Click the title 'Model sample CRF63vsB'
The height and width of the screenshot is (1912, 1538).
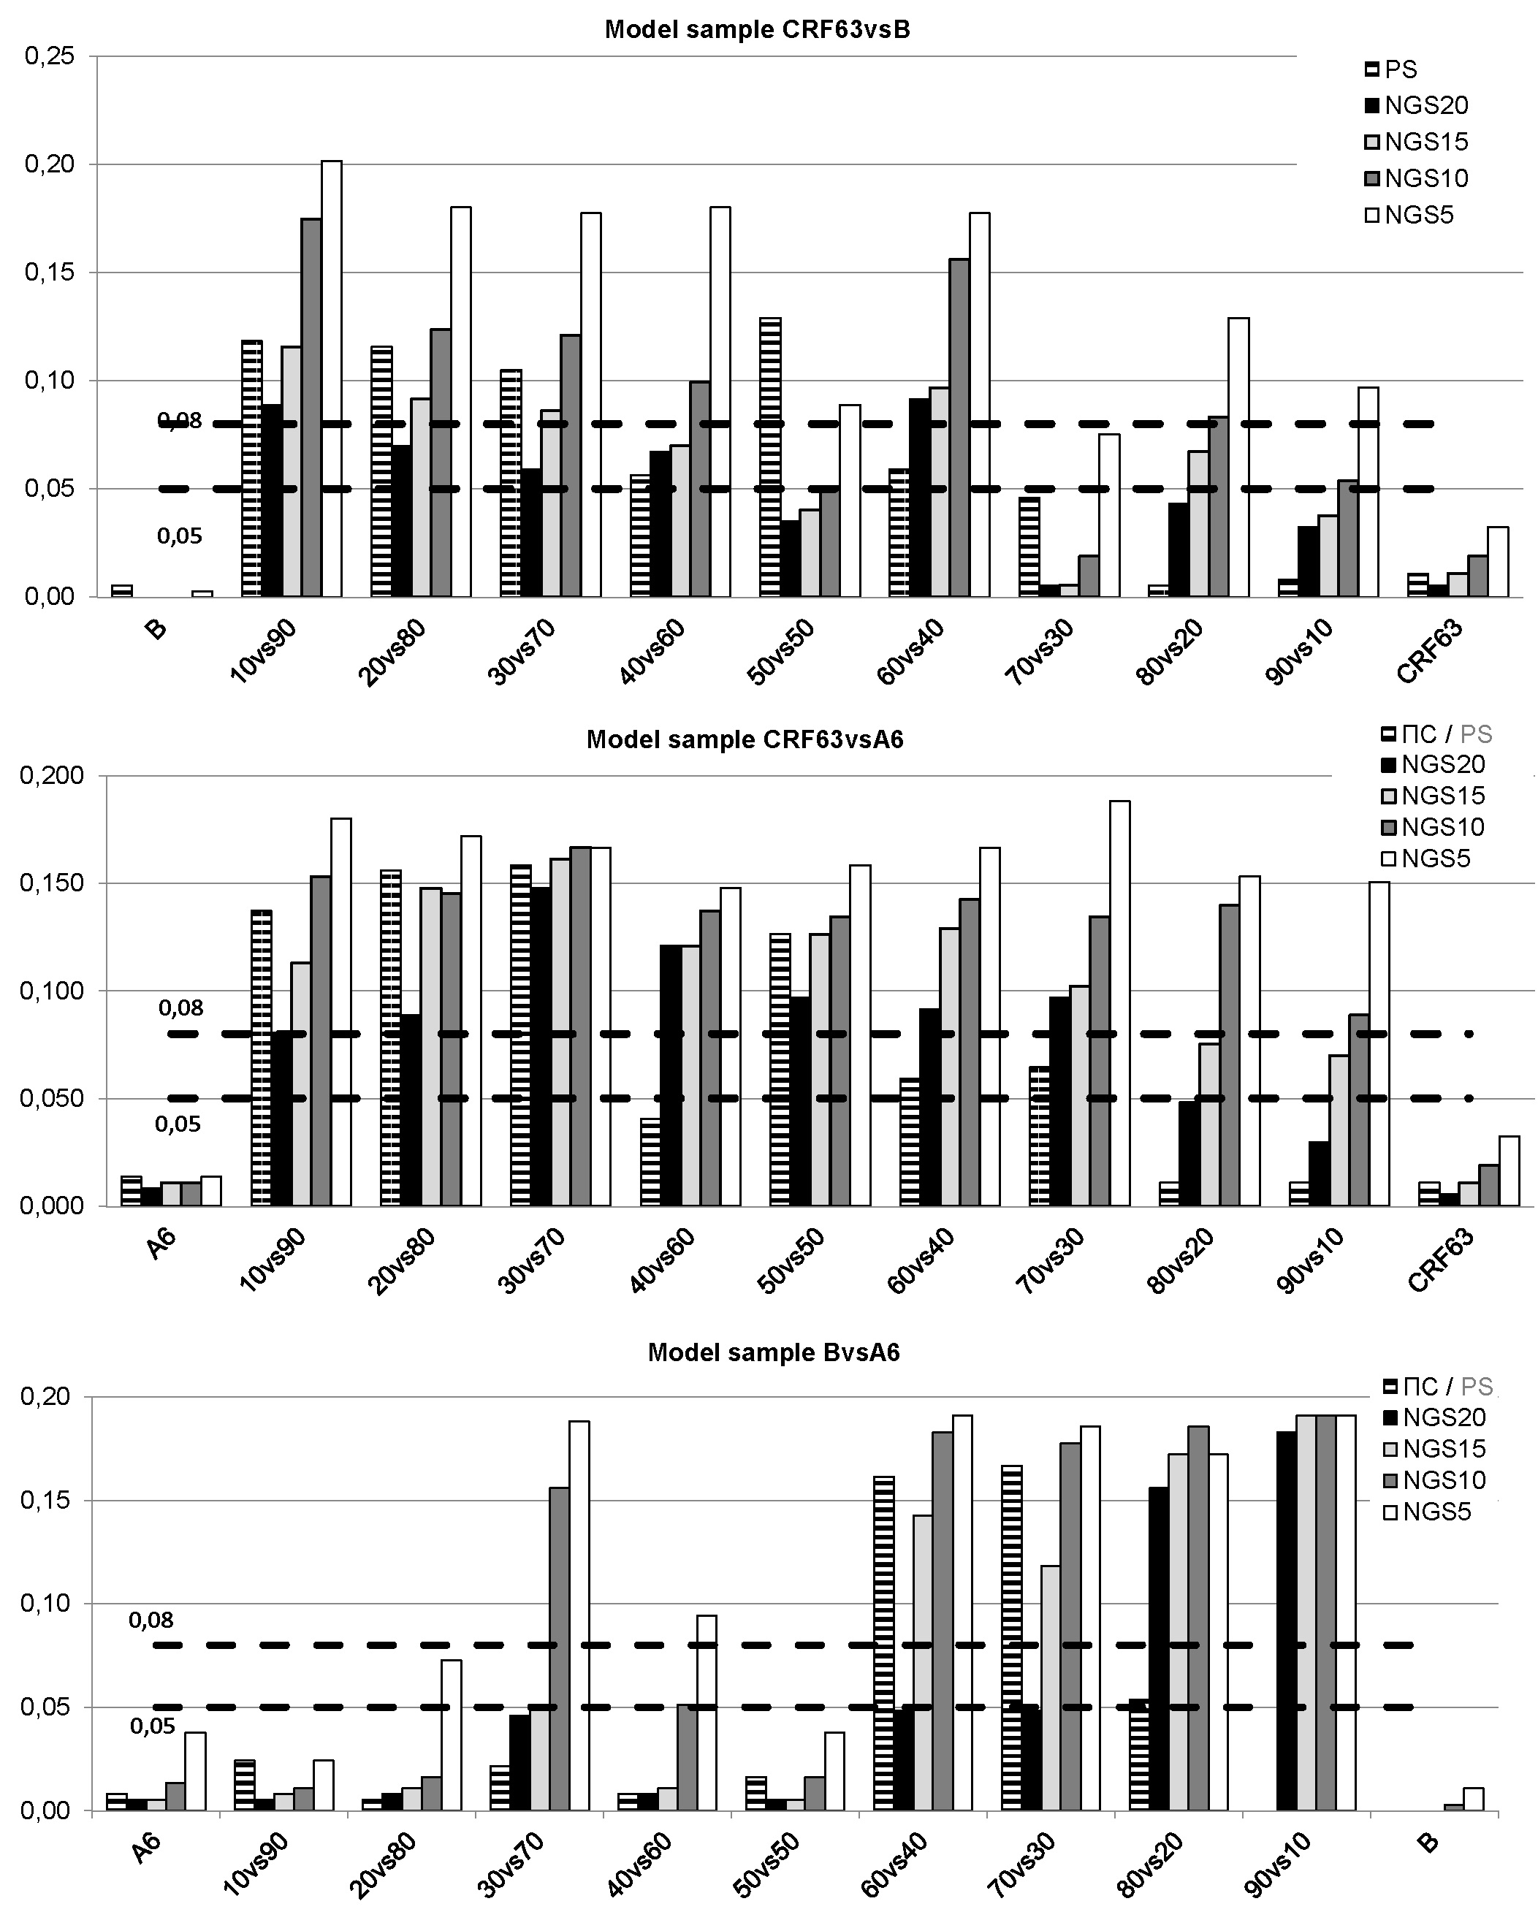pyautogui.click(x=758, y=30)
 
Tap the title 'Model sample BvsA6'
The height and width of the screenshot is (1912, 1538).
pyautogui.click(x=774, y=1352)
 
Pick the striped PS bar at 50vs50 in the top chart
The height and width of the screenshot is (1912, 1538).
pyautogui.click(x=770, y=457)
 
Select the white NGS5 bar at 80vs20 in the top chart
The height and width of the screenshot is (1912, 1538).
pyautogui.click(x=1238, y=457)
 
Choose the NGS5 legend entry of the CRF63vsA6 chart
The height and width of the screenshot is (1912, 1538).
pyautogui.click(x=1434, y=858)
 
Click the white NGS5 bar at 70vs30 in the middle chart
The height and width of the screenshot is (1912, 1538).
pyautogui.click(x=1119, y=1003)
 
